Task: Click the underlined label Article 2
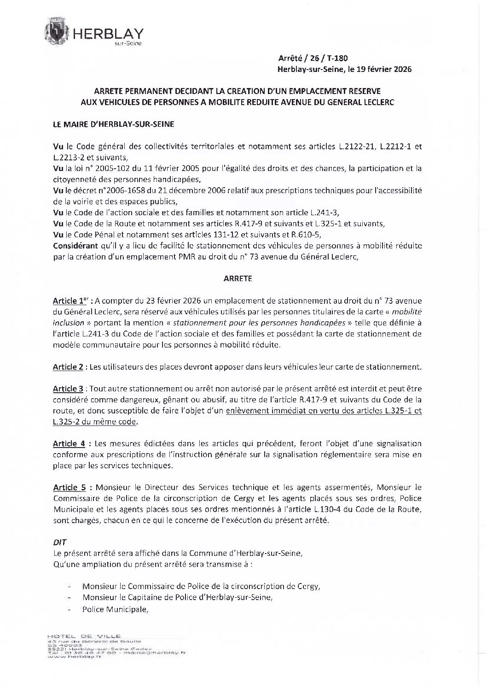click(68, 367)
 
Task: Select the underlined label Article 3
click(68, 389)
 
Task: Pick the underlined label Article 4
click(69, 444)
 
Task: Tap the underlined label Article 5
click(69, 487)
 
